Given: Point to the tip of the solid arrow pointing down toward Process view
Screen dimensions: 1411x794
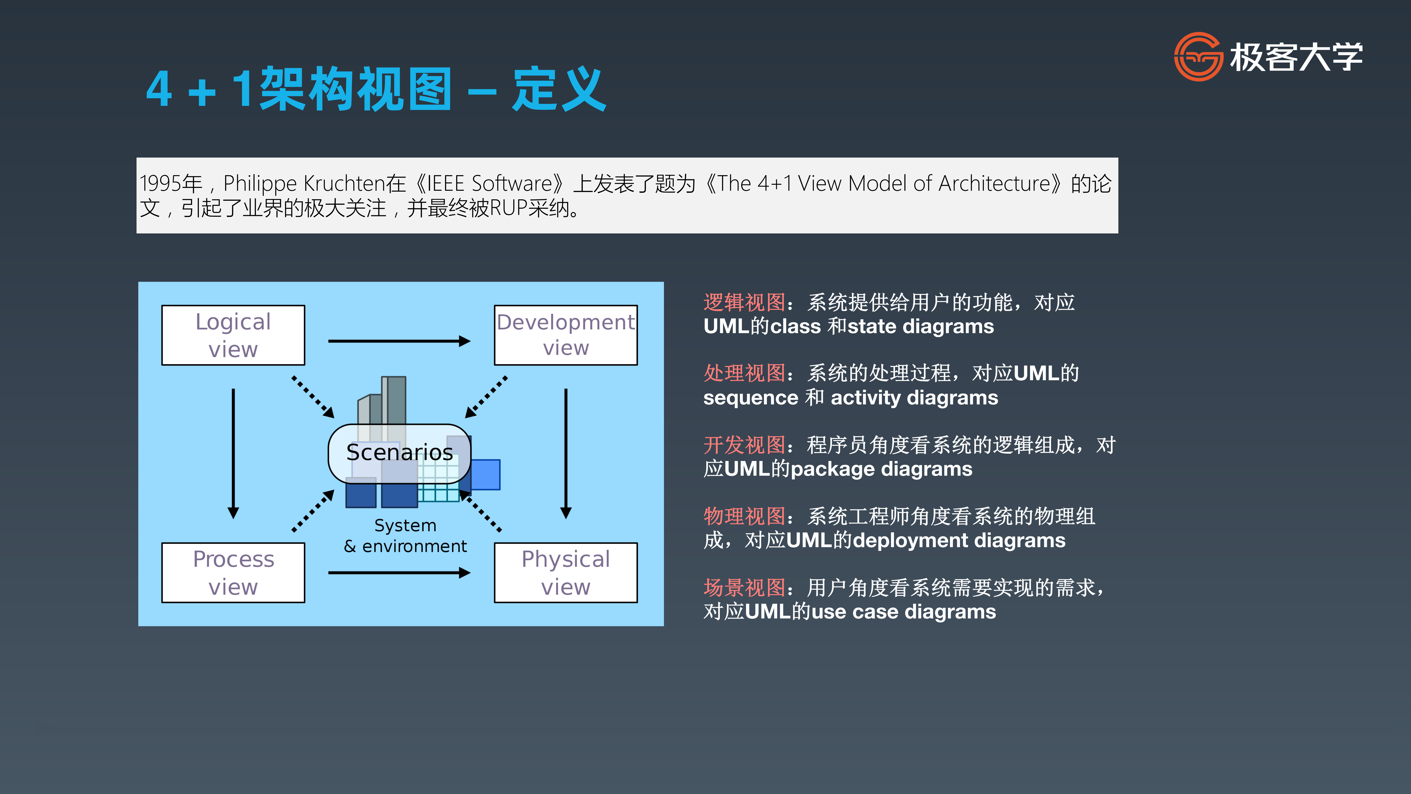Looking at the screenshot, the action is click(233, 518).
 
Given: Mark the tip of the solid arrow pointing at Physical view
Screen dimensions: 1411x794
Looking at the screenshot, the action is click(470, 573).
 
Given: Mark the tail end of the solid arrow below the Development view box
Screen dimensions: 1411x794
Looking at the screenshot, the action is click(566, 389).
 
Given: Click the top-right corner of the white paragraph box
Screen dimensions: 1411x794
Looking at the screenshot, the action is click(1118, 158).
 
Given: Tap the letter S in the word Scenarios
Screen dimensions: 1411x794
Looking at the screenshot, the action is click(353, 452).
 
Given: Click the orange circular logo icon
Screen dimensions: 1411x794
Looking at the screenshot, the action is click(1198, 56).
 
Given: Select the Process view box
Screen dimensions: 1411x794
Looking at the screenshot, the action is click(233, 573).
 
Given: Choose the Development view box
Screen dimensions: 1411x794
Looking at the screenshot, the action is click(566, 335).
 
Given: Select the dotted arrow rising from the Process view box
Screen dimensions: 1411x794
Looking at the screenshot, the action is click(313, 511).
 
